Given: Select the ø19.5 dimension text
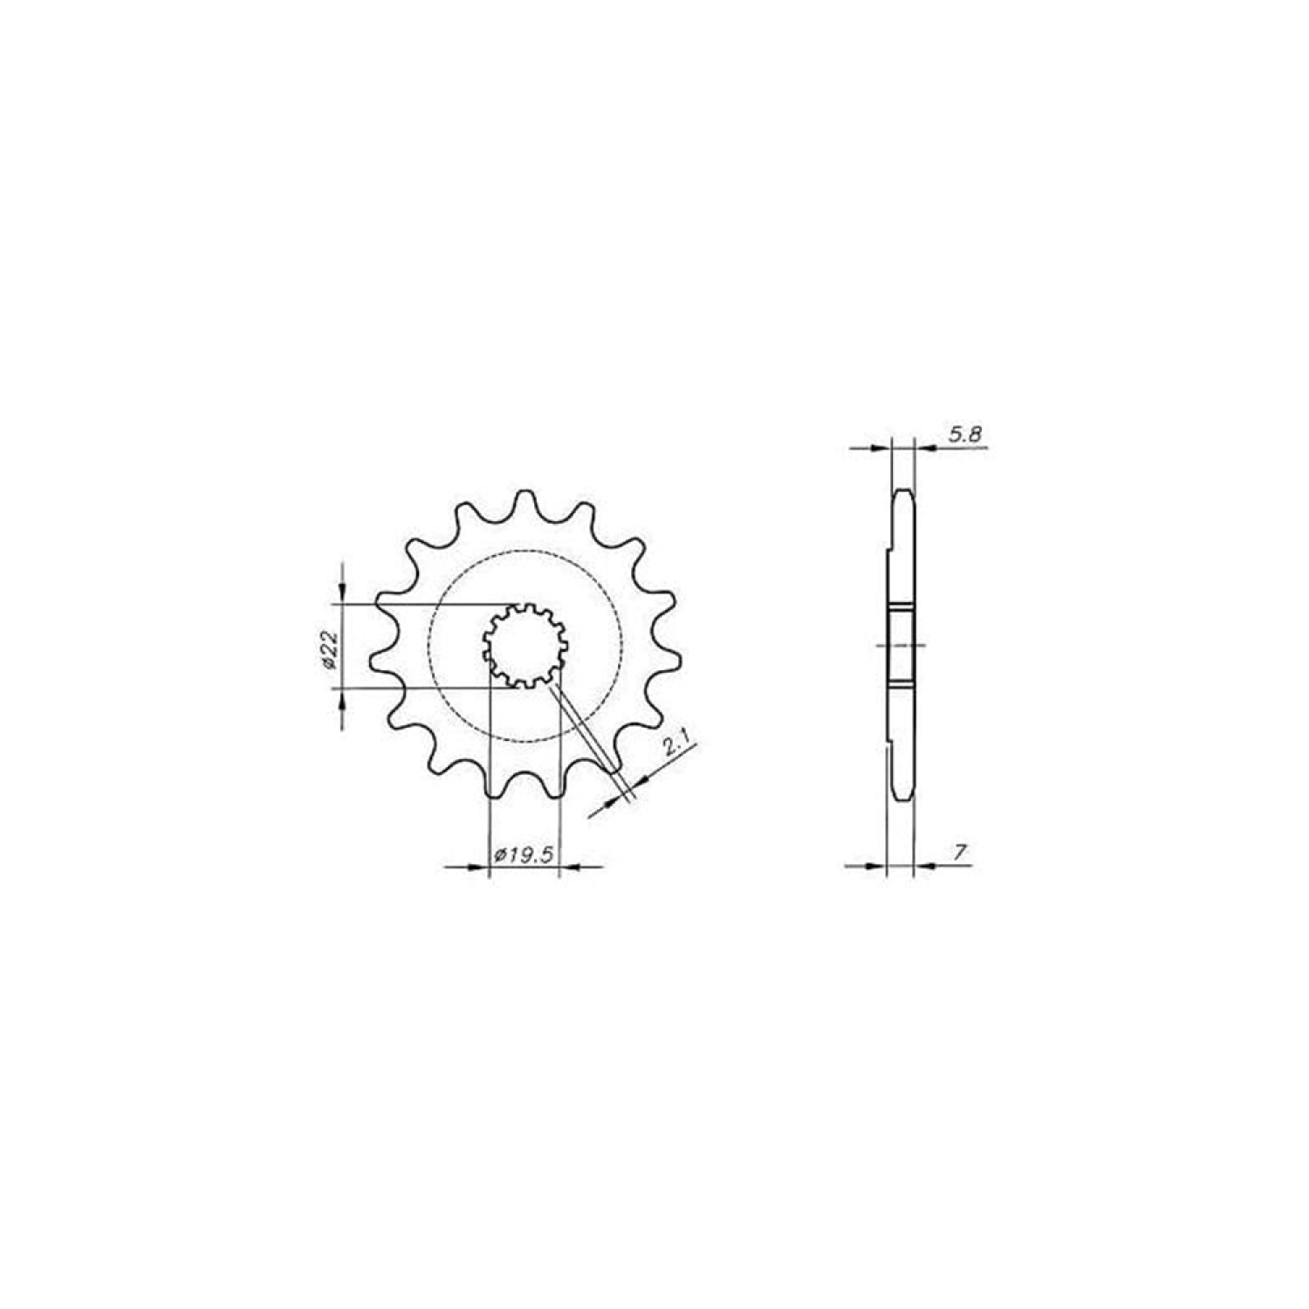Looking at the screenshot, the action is coord(524,854).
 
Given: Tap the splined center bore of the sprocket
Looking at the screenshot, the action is coord(525,645).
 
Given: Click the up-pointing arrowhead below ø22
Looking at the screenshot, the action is coord(342,697).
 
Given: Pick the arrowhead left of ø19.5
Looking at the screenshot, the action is coord(479,867).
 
